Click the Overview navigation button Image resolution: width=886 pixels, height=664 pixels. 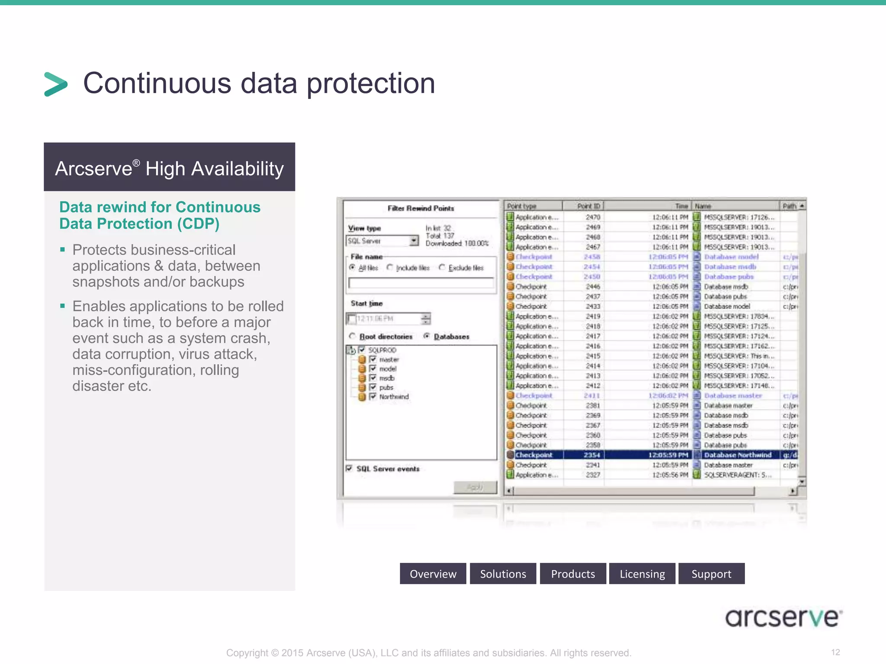click(433, 574)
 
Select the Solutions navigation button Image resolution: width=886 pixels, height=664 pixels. click(503, 574)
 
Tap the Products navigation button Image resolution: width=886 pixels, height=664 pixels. click(573, 574)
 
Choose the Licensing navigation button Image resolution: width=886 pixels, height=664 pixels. click(642, 574)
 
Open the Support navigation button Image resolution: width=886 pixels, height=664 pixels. click(711, 574)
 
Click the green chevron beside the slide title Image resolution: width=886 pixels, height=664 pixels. click(56, 84)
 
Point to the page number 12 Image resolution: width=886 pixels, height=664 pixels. click(835, 652)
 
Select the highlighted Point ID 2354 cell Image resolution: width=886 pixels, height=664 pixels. click(592, 455)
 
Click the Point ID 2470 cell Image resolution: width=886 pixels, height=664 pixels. click(593, 217)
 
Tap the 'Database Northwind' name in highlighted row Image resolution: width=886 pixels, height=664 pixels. click(738, 455)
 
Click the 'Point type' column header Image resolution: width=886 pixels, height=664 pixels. click(522, 206)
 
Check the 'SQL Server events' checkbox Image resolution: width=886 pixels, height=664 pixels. click(349, 468)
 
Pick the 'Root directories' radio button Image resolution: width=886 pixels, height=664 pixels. click(353, 336)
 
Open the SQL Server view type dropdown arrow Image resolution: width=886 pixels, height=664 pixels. click(414, 240)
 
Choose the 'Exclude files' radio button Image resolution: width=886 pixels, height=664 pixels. click(442, 267)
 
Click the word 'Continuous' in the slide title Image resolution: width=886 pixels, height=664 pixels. click(157, 83)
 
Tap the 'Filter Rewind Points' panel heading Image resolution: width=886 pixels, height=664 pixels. click(421, 208)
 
